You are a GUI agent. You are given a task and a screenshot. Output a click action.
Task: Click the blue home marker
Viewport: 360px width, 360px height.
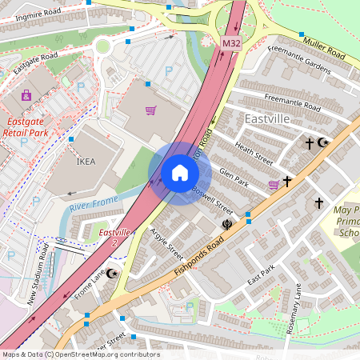[x=180, y=173]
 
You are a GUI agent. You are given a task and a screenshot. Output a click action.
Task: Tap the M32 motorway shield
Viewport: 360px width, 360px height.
[x=231, y=42]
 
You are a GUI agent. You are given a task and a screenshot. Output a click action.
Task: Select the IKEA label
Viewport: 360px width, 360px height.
[x=85, y=161]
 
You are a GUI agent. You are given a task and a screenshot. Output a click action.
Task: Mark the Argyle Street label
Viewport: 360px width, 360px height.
[x=166, y=242]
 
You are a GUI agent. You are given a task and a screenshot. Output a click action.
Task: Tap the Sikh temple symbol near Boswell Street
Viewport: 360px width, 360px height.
[x=227, y=225]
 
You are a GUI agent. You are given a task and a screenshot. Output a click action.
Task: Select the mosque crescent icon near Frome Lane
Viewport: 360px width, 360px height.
[x=113, y=274]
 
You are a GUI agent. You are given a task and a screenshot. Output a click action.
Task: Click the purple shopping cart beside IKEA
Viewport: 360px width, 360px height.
[x=150, y=110]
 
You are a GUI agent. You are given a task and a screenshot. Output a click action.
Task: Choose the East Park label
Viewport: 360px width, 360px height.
[x=261, y=276]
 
